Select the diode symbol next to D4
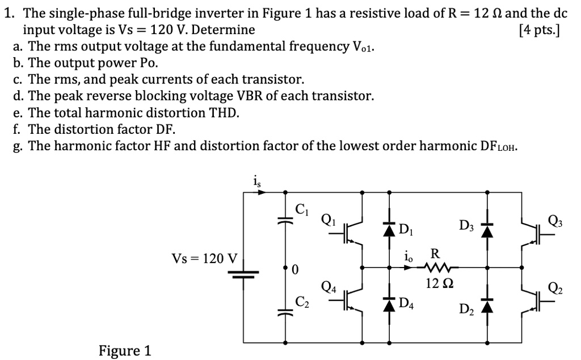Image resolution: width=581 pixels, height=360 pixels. (389, 300)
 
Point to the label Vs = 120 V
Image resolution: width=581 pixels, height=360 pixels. (204, 259)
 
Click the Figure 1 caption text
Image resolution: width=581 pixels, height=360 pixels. (124, 350)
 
